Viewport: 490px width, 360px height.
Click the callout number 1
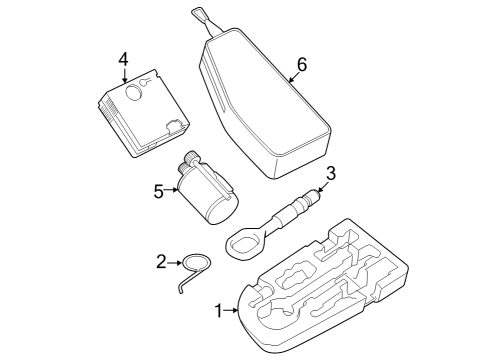(x=218, y=311)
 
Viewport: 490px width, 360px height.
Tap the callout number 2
(x=161, y=262)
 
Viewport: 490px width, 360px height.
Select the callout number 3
(x=330, y=174)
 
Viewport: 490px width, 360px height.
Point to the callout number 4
(x=123, y=60)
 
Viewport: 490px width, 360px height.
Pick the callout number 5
(x=159, y=192)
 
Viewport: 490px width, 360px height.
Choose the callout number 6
(x=302, y=64)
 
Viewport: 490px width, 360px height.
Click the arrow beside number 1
(x=231, y=310)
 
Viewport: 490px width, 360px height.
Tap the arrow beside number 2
(x=174, y=263)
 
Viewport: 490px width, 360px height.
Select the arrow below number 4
(x=125, y=75)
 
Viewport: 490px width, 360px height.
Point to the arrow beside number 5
(x=172, y=190)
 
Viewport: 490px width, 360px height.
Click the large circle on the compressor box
(x=133, y=92)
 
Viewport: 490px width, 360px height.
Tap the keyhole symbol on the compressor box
(x=145, y=82)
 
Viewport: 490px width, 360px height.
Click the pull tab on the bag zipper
(x=198, y=13)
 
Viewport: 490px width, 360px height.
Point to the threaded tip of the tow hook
(x=314, y=193)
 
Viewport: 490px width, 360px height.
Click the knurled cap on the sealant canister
(x=191, y=157)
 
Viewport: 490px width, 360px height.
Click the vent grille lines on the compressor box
(x=109, y=108)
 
